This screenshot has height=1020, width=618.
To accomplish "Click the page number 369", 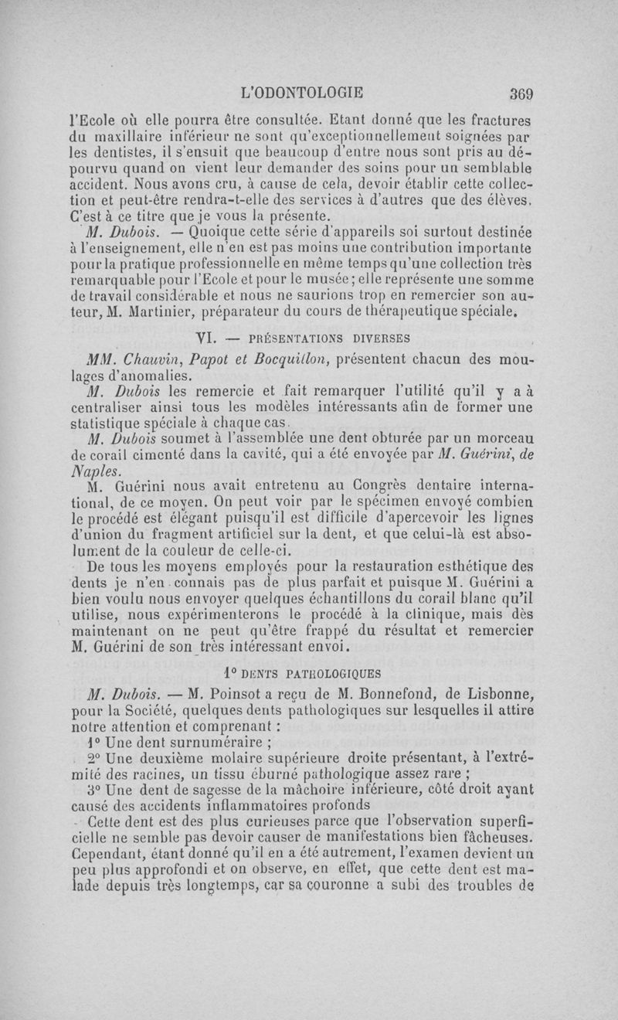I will [522, 93].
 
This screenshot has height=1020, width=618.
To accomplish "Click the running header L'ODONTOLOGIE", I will [302, 93].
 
